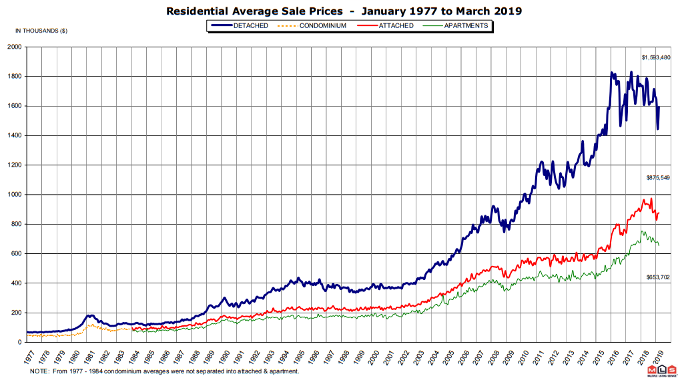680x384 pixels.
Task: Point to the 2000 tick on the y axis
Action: point(15,47)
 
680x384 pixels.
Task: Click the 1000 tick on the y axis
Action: point(15,195)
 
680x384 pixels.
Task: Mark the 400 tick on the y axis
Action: point(17,283)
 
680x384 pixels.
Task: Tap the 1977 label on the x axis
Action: point(29,355)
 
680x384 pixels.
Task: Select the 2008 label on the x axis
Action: point(493,355)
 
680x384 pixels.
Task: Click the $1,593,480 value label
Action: point(655,58)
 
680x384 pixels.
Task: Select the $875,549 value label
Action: point(657,178)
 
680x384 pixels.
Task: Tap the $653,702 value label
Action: point(657,277)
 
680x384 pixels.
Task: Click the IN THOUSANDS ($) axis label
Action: point(41,31)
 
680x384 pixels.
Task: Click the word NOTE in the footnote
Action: point(39,371)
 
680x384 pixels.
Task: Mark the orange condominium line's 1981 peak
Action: point(89,325)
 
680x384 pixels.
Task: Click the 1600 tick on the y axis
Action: point(15,106)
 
